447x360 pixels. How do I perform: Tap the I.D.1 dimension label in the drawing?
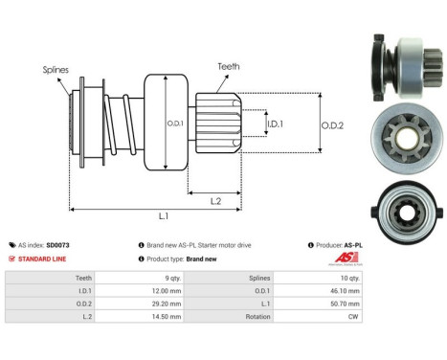point(275,125)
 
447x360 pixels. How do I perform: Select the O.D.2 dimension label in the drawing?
point(331,124)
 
